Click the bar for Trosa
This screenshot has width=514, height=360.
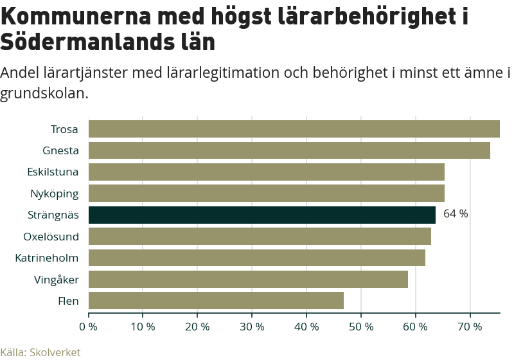pos(294,129)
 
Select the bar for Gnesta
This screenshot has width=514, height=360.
pos(289,150)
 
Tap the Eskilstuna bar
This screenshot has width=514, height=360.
pos(266,172)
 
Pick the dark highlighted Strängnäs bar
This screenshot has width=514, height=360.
pos(261,215)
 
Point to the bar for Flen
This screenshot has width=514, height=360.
pos(216,301)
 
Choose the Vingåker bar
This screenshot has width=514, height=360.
pos(248,280)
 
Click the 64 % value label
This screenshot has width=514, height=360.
pos(456,214)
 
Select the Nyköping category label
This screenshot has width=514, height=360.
pos(55,194)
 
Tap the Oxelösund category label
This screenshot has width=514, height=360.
pos(51,237)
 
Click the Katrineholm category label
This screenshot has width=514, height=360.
pos(47,258)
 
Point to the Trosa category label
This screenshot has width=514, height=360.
pos(64,129)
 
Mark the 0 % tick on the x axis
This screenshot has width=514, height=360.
pos(88,327)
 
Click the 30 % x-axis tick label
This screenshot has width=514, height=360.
pos(252,327)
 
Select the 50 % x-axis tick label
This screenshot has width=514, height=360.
pos(361,327)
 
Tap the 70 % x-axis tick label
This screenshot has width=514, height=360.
pos(470,327)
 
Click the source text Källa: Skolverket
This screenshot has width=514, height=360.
pos(40,352)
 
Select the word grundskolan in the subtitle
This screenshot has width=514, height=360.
pos(42,93)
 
